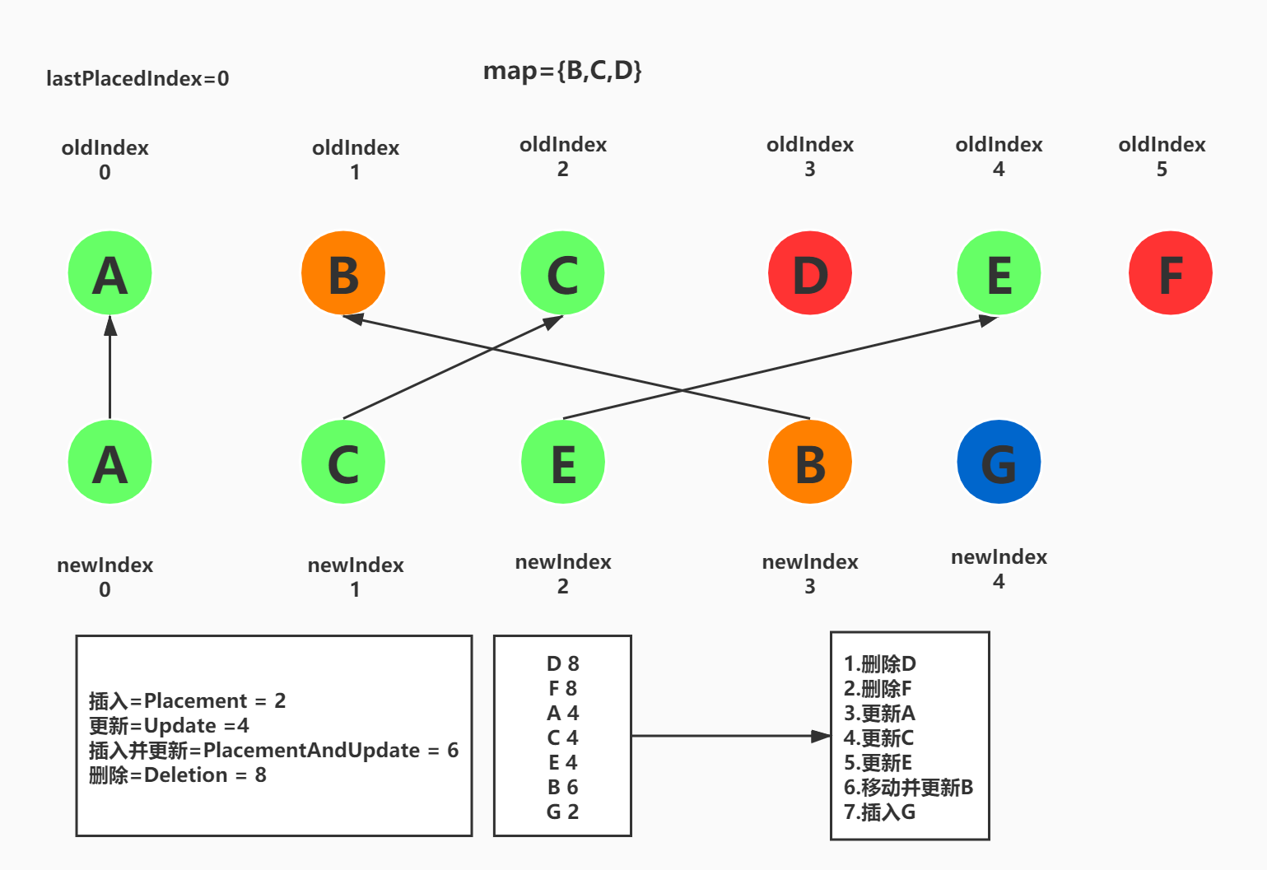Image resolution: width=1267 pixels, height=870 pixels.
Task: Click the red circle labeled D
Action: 809,273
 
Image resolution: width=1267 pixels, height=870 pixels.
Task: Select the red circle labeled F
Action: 1170,273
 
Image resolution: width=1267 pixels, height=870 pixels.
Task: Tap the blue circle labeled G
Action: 999,462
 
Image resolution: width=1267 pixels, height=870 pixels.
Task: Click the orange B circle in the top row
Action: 343,273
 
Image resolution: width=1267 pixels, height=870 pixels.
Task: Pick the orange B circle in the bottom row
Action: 809,462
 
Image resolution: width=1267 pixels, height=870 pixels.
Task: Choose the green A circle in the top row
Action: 109,273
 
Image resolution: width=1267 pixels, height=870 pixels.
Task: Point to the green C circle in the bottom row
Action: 343,462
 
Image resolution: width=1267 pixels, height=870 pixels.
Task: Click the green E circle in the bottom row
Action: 563,462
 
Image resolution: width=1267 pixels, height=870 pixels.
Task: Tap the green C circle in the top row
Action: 563,273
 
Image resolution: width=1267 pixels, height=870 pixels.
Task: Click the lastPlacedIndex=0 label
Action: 137,79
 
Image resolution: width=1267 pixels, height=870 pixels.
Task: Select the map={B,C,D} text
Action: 562,71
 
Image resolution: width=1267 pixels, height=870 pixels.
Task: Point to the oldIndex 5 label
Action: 1162,156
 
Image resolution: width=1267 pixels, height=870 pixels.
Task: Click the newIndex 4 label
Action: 999,569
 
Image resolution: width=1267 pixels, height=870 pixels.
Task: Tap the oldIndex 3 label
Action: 810,156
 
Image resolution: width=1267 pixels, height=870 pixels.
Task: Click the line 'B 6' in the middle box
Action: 563,787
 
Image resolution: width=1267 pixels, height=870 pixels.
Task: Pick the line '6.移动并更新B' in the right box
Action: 908,787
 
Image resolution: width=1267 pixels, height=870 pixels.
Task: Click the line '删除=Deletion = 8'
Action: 178,775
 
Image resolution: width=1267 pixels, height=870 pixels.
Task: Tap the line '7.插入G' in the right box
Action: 879,812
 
